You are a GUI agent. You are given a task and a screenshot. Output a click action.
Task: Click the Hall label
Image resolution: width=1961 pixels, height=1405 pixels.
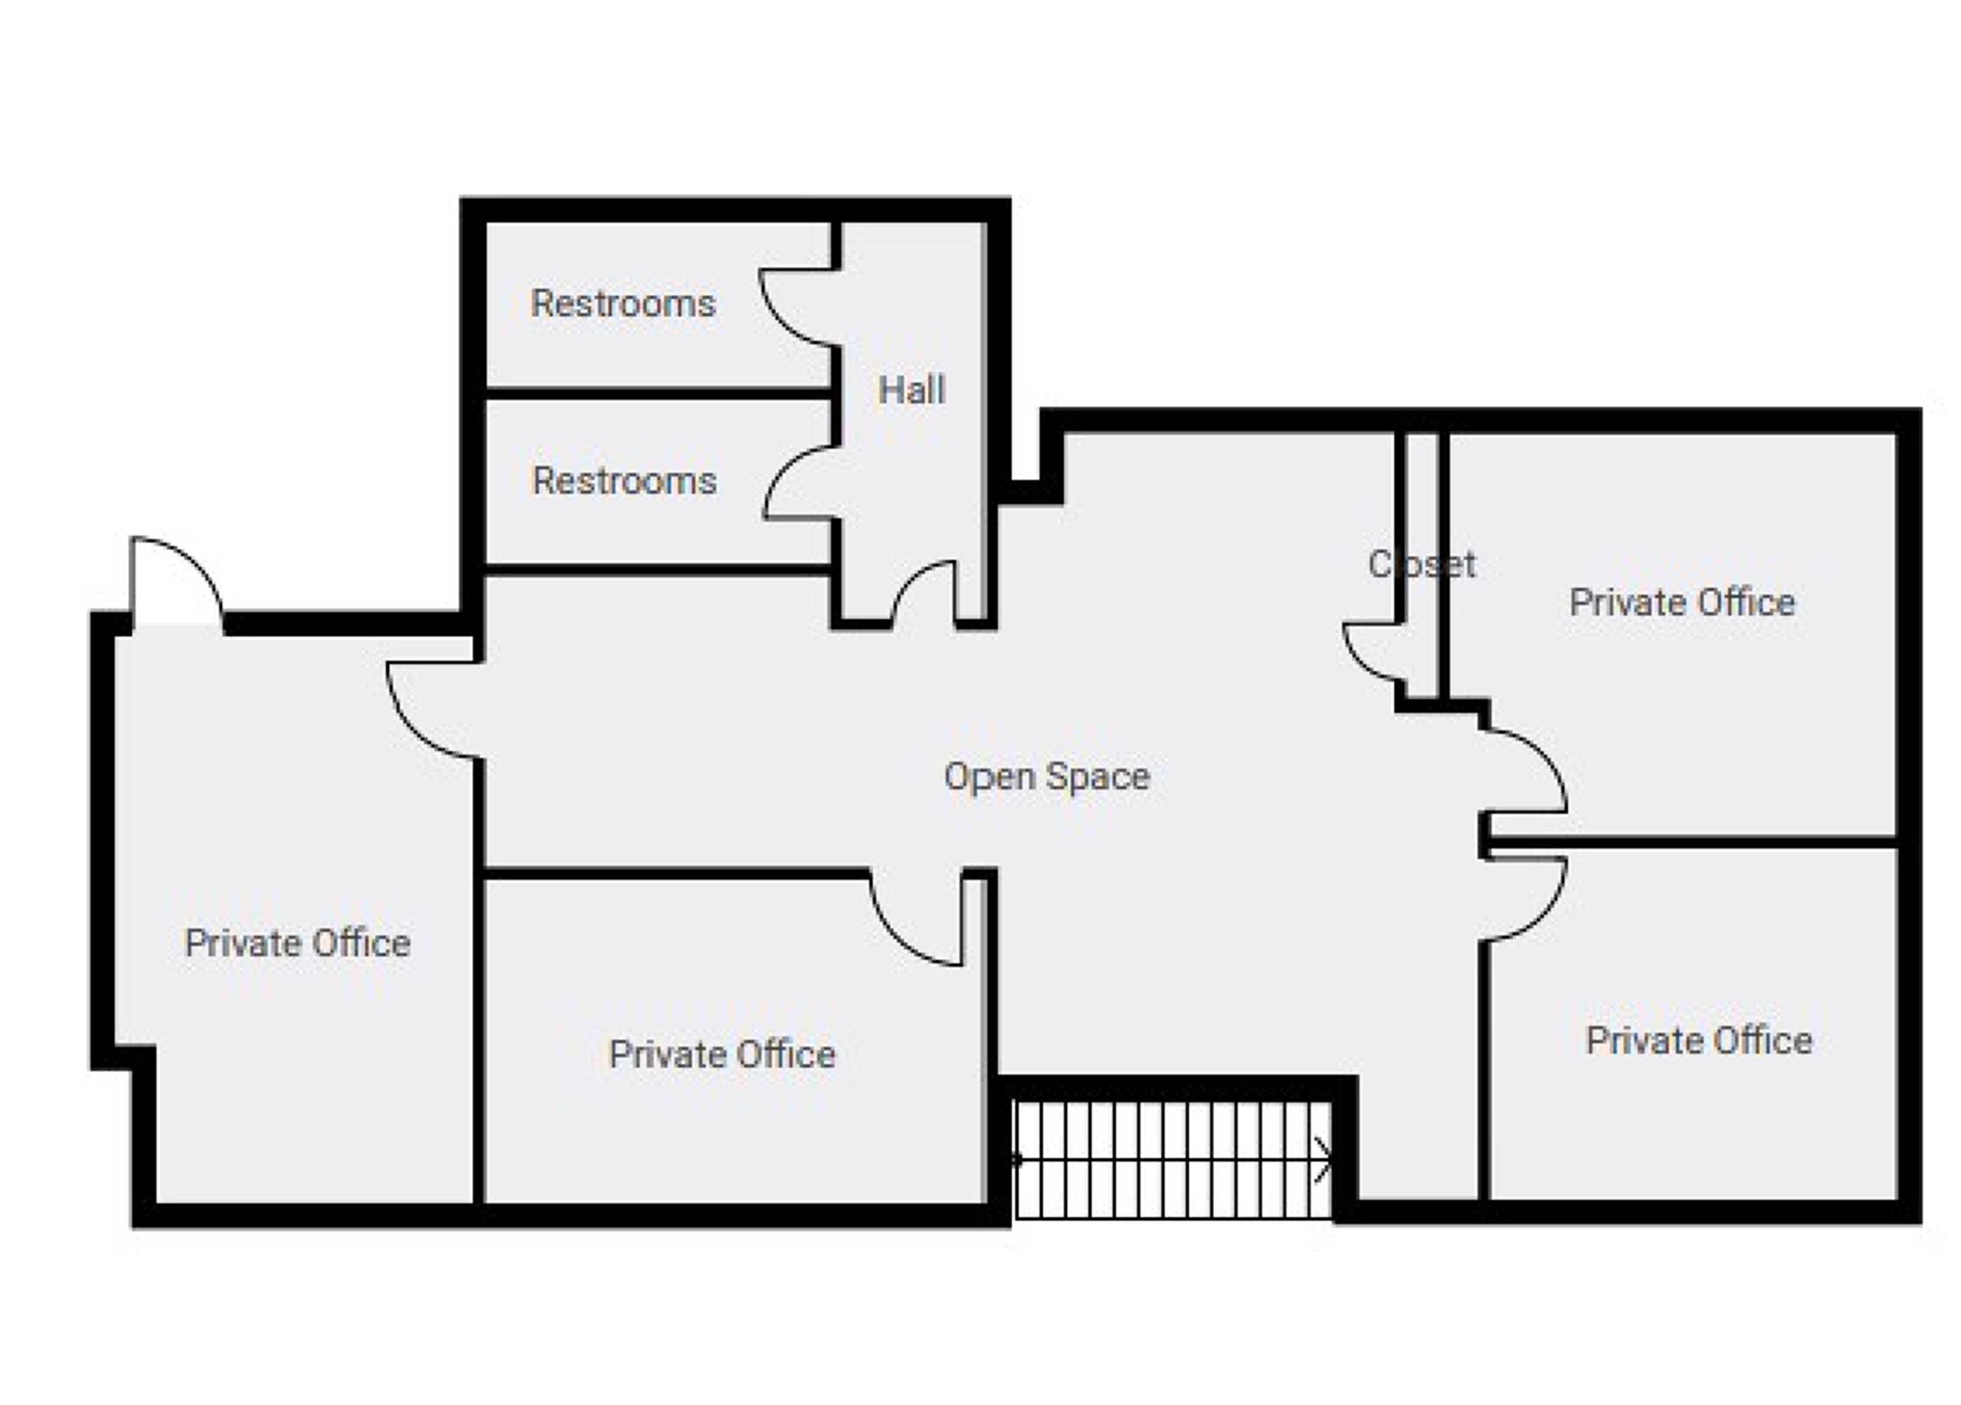pyautogui.click(x=912, y=390)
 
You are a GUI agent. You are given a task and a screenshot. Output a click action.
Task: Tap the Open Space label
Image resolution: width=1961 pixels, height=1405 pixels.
pyautogui.click(x=1047, y=776)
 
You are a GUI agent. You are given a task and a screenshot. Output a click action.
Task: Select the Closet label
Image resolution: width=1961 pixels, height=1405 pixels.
pyautogui.click(x=1422, y=565)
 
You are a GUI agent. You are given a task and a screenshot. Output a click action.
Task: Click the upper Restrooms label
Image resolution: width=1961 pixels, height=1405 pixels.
pyautogui.click(x=624, y=303)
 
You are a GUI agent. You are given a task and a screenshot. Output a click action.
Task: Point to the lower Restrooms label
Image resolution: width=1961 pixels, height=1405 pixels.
pyautogui.click(x=624, y=481)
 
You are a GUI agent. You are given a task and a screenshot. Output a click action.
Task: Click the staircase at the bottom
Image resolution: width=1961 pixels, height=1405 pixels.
pyautogui.click(x=1174, y=1161)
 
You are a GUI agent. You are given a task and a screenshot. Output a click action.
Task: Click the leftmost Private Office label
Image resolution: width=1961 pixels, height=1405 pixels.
pyautogui.click(x=297, y=943)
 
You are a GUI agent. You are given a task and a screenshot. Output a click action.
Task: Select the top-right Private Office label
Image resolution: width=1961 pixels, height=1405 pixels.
pyautogui.click(x=1681, y=603)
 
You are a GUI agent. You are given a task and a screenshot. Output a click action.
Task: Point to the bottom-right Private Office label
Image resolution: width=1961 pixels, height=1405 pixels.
pyautogui.click(x=1699, y=1040)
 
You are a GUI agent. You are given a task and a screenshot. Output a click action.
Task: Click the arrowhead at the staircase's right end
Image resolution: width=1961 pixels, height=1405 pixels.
pyautogui.click(x=1324, y=1161)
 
